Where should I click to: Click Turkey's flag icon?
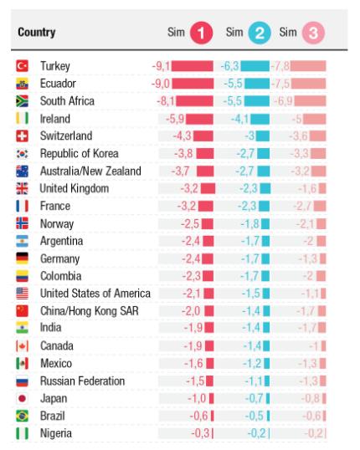click(x=23, y=65)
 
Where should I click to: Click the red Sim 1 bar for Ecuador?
click(x=193, y=83)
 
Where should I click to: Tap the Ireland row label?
click(x=55, y=118)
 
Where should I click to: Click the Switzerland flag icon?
click(x=23, y=136)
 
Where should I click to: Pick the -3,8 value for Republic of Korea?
click(x=183, y=153)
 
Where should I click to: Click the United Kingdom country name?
click(x=75, y=188)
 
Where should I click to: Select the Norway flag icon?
click(x=23, y=223)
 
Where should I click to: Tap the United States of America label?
click(x=95, y=294)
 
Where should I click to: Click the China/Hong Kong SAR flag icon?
click(x=23, y=311)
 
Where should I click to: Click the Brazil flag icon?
click(x=23, y=417)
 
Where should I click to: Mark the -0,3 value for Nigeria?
click(x=201, y=434)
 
